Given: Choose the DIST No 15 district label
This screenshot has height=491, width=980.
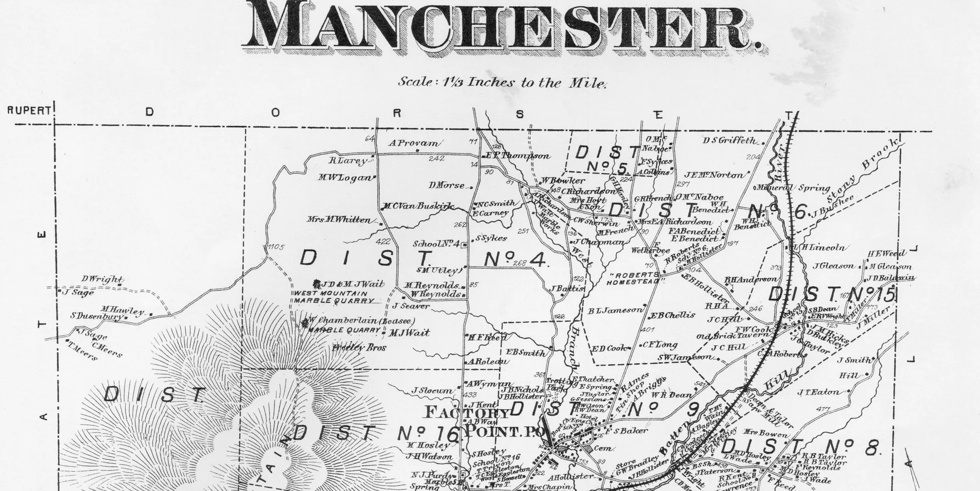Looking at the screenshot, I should [831, 295].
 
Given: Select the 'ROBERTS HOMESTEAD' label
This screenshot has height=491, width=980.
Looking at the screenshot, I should [633, 279].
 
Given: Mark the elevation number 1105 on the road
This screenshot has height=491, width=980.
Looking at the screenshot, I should [276, 247].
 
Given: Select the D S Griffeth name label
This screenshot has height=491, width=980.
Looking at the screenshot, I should [730, 140].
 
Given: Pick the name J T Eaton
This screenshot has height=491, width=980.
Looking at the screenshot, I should [818, 392].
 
